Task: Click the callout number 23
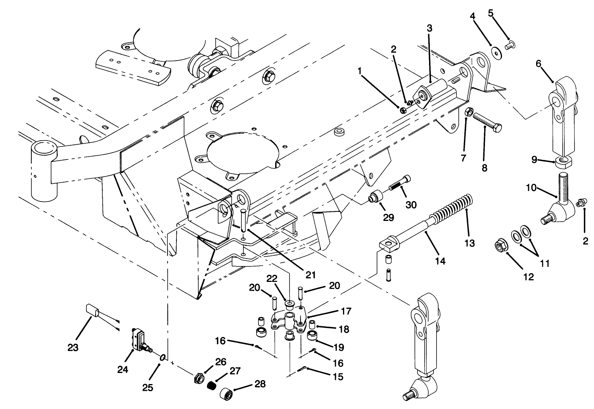(509, 45)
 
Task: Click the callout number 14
(440, 261)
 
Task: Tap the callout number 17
(346, 311)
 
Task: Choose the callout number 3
(429, 28)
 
